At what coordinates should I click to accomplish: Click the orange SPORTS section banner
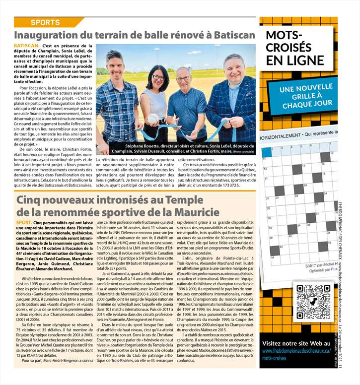(x=45, y=22)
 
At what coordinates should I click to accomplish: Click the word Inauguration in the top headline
(x=52, y=36)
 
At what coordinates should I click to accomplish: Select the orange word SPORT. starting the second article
(x=22, y=223)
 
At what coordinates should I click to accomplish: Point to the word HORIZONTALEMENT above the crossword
(x=283, y=134)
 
